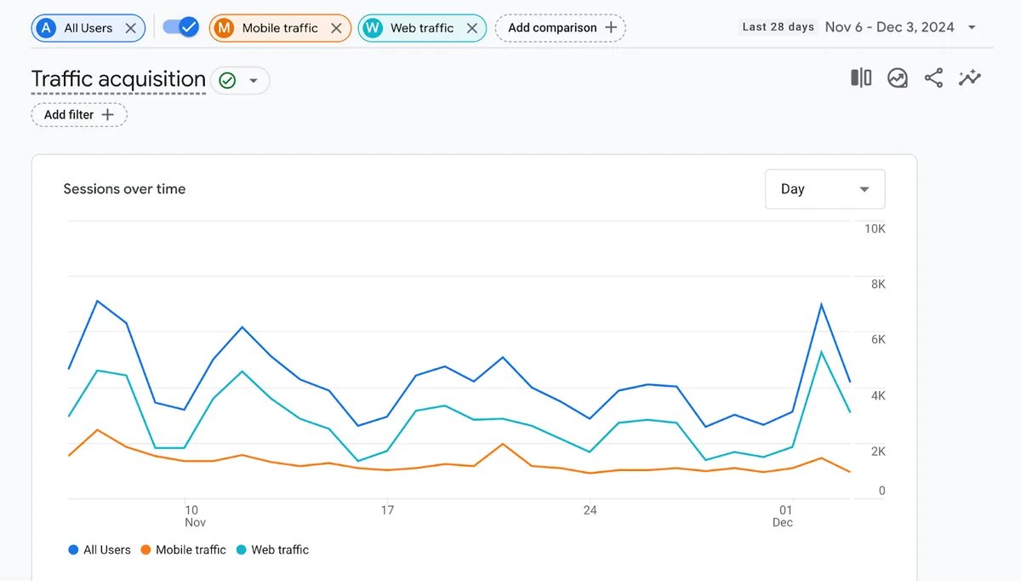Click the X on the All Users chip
[130, 28]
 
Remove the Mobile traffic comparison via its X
[336, 28]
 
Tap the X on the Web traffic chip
[471, 28]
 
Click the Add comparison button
[560, 28]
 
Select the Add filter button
[79, 114]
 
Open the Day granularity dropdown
[825, 189]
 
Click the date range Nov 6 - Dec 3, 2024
[889, 27]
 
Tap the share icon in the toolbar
[933, 78]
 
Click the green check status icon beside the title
[227, 81]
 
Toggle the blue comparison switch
[181, 27]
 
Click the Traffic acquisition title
[118, 79]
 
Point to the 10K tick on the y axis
[875, 228]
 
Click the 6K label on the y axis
[878, 340]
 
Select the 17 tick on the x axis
[387, 509]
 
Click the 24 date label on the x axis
[590, 509]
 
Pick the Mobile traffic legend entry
[184, 550]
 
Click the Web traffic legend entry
[272, 550]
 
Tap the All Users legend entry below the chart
[100, 550]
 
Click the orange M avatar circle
[224, 28]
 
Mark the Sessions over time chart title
[124, 189]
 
